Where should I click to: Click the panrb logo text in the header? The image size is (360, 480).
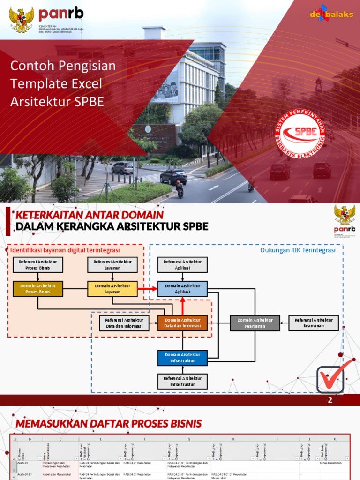pyautogui.click(x=61, y=13)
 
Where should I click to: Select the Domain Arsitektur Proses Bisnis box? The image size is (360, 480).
pyautogui.click(x=38, y=289)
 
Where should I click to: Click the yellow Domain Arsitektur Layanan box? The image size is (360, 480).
pyautogui.click(x=112, y=289)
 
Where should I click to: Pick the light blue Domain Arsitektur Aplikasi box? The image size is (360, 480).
pyautogui.click(x=182, y=289)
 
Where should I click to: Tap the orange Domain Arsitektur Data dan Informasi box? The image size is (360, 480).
pyautogui.click(x=182, y=323)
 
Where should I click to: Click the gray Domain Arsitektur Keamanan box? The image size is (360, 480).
pyautogui.click(x=255, y=323)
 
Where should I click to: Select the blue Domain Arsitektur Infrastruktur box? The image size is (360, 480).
pyautogui.click(x=182, y=358)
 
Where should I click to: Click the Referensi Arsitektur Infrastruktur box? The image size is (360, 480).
pyautogui.click(x=182, y=382)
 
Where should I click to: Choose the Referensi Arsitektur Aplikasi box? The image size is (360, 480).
pyautogui.click(x=182, y=265)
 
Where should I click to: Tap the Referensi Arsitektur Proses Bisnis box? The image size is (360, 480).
pyautogui.click(x=38, y=265)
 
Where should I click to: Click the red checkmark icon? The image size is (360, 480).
pyautogui.click(x=334, y=376)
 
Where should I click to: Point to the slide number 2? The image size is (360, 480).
pyautogui.click(x=330, y=400)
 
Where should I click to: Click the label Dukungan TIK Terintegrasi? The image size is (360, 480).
pyautogui.click(x=298, y=250)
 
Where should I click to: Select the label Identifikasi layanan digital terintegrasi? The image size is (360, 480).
pyautogui.click(x=65, y=250)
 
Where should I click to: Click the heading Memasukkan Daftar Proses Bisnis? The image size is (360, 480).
pyautogui.click(x=109, y=424)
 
